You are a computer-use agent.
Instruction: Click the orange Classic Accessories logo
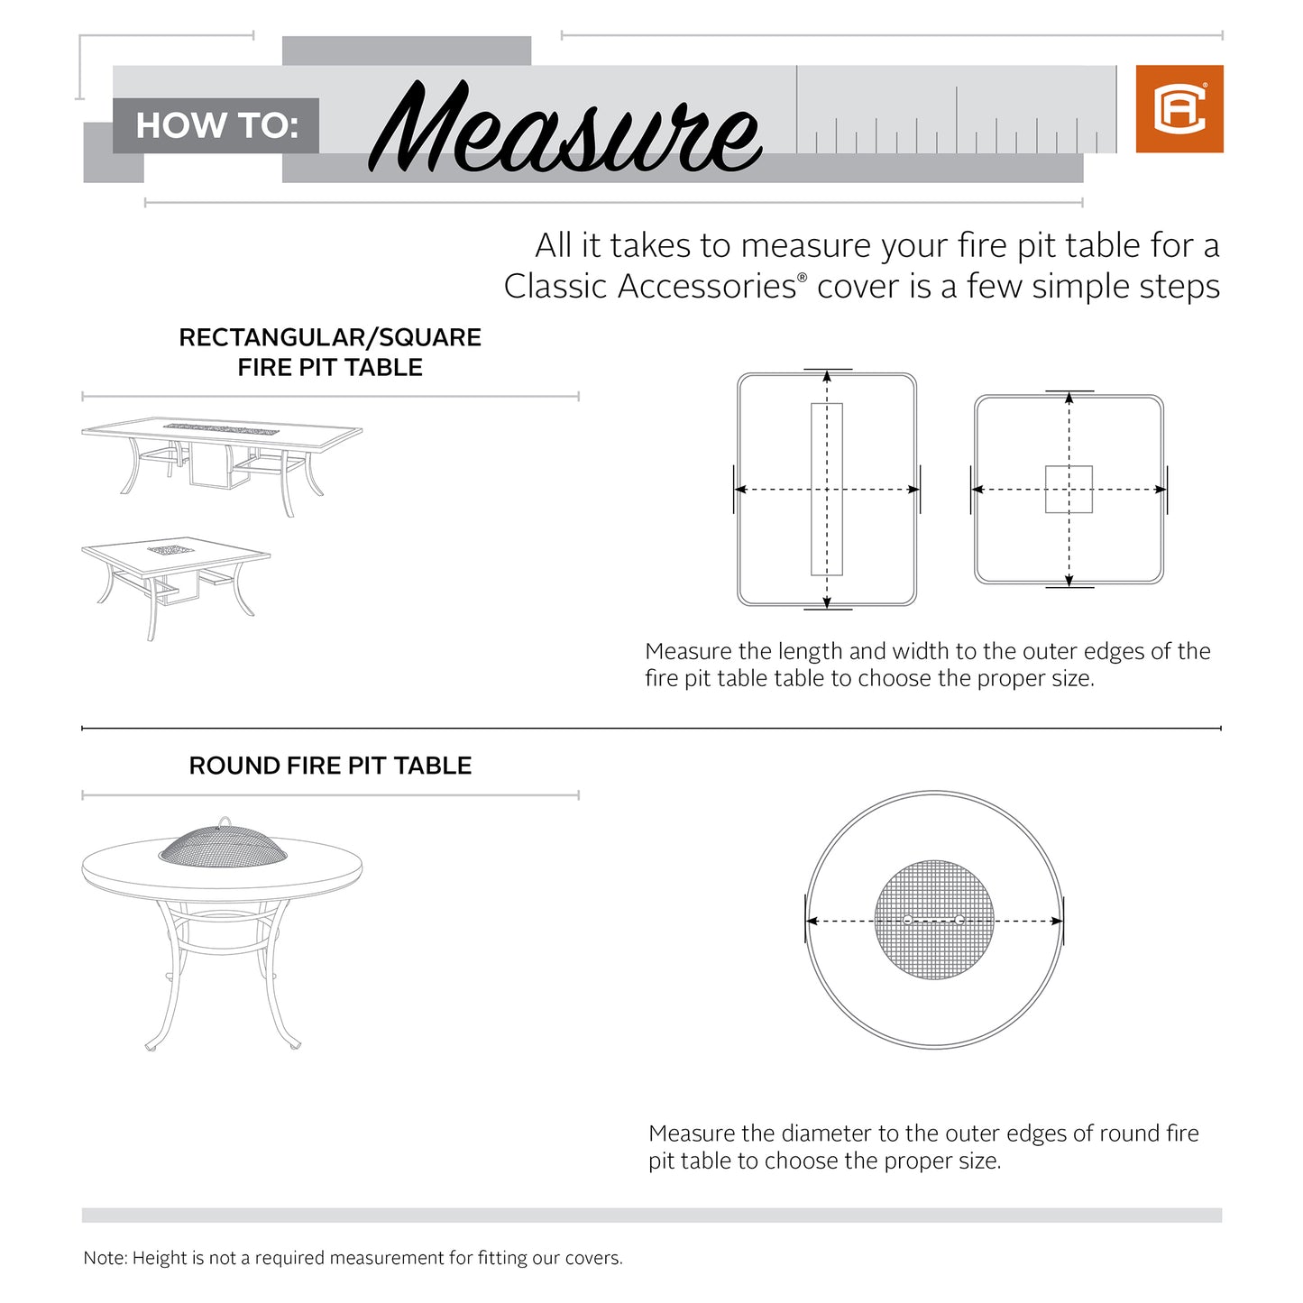[1179, 109]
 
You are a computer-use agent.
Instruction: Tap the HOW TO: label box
[216, 125]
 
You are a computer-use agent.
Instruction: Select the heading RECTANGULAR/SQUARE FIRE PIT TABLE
[330, 353]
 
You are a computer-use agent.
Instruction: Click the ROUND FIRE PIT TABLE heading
[330, 766]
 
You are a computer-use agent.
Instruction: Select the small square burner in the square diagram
[1069, 490]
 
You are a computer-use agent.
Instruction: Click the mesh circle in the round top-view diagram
[934, 920]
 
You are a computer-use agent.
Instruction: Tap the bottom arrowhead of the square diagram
[1069, 580]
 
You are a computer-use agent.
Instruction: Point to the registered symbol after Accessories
[802, 278]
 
